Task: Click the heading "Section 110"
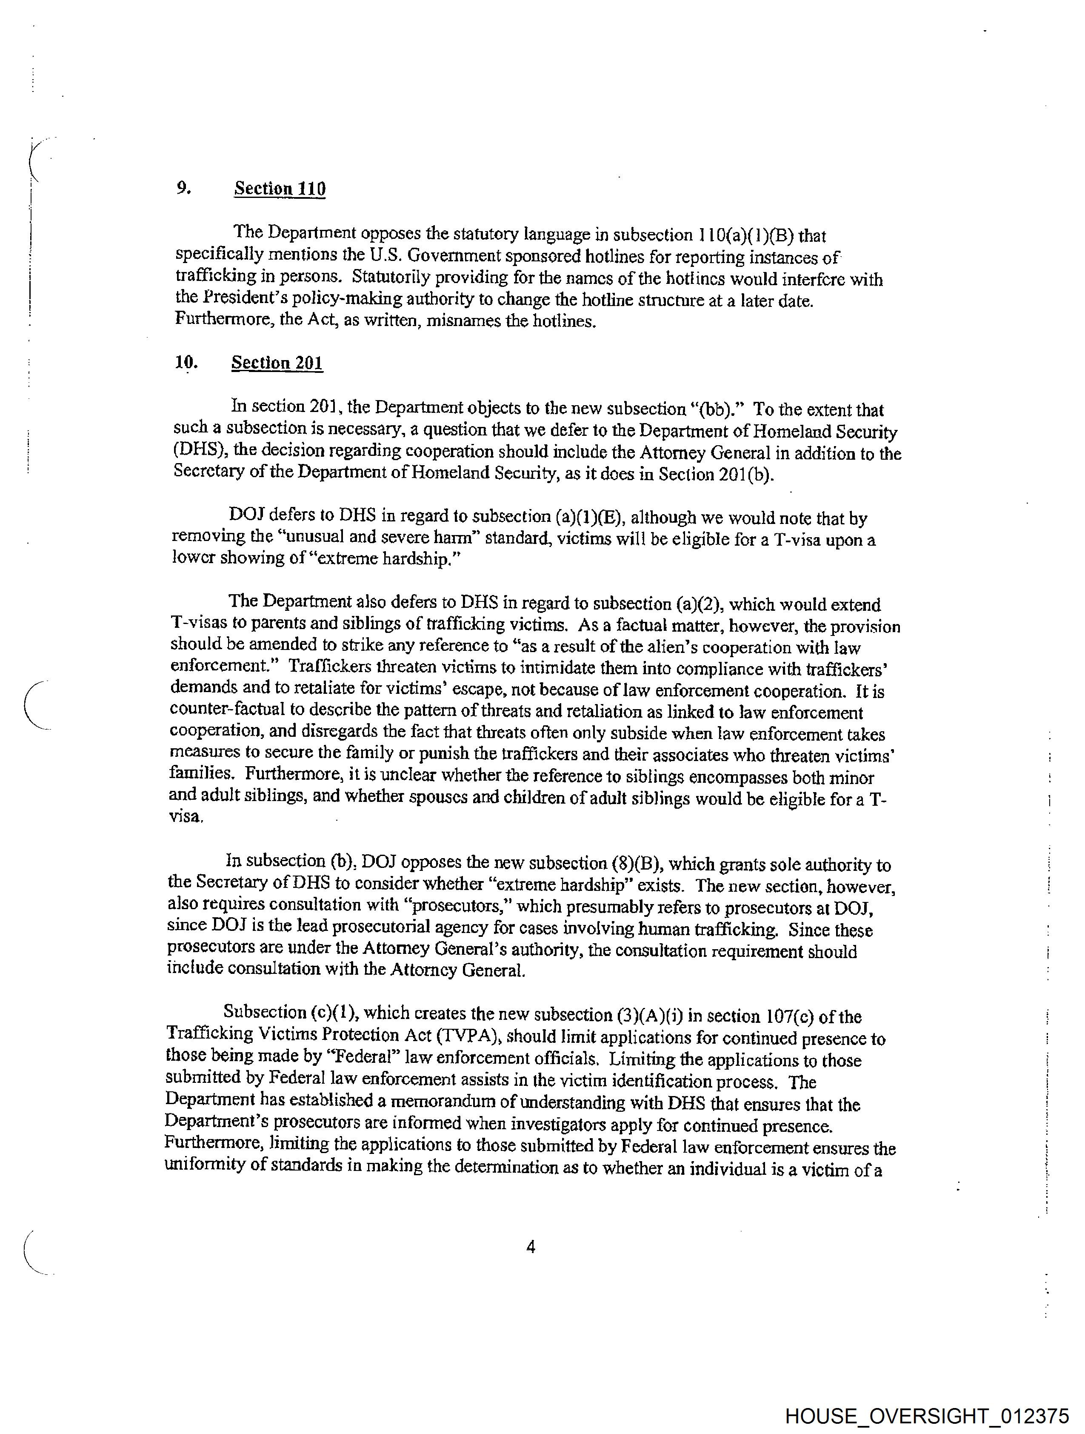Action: point(280,189)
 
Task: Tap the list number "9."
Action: point(183,188)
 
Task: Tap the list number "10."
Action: point(186,362)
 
